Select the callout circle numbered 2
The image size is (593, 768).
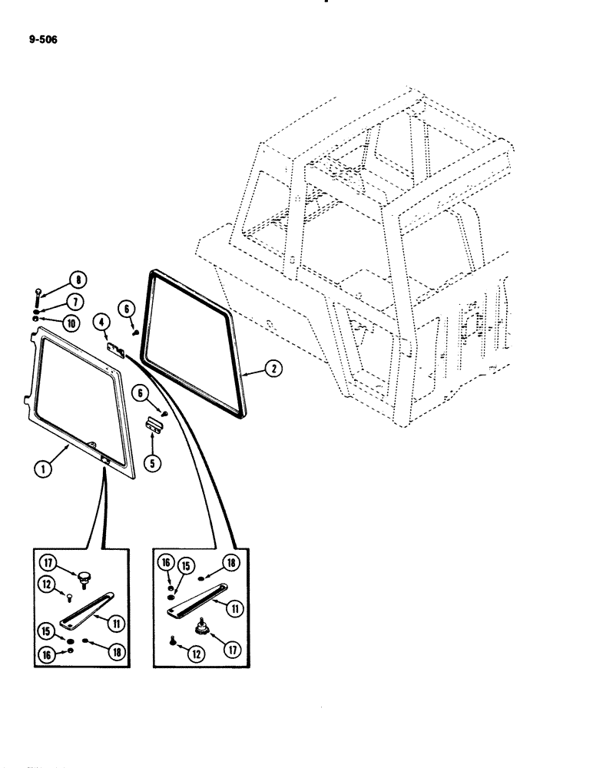[x=272, y=369]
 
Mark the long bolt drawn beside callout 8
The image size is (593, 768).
[x=39, y=302]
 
